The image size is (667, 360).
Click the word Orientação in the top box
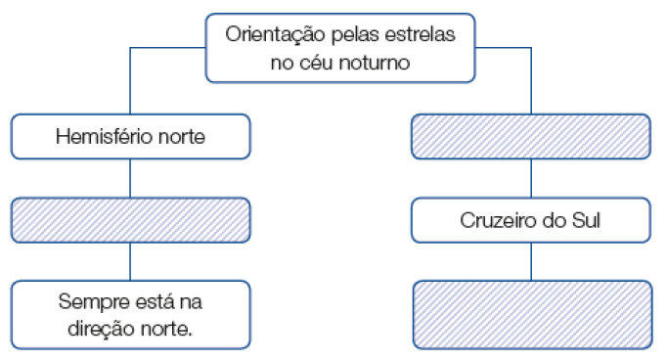click(272, 34)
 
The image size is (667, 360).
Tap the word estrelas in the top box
click(421, 34)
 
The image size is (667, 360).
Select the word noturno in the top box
click(373, 62)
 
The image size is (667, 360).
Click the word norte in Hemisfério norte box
click(181, 137)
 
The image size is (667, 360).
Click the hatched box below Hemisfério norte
click(130, 219)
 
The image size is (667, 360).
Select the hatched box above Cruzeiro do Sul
click(530, 136)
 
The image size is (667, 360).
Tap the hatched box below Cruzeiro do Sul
click(532, 315)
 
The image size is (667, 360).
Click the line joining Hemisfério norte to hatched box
click(130, 178)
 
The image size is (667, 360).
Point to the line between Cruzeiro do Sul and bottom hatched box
click(531, 261)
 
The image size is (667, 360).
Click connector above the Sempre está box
click(130, 261)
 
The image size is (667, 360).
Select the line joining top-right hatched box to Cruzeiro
click(531, 178)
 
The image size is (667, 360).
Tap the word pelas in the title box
click(350, 34)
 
